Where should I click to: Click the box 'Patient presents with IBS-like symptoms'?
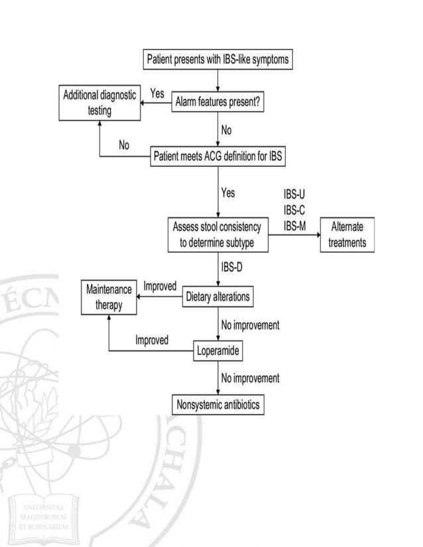coord(217,60)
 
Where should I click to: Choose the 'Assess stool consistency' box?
coord(217,234)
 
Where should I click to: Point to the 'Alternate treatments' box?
coord(343,234)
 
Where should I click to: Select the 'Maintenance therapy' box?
coord(106,296)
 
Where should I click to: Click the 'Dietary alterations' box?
coord(217,297)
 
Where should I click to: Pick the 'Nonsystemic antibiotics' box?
coord(217,405)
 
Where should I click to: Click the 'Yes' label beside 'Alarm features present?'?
coord(157,93)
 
